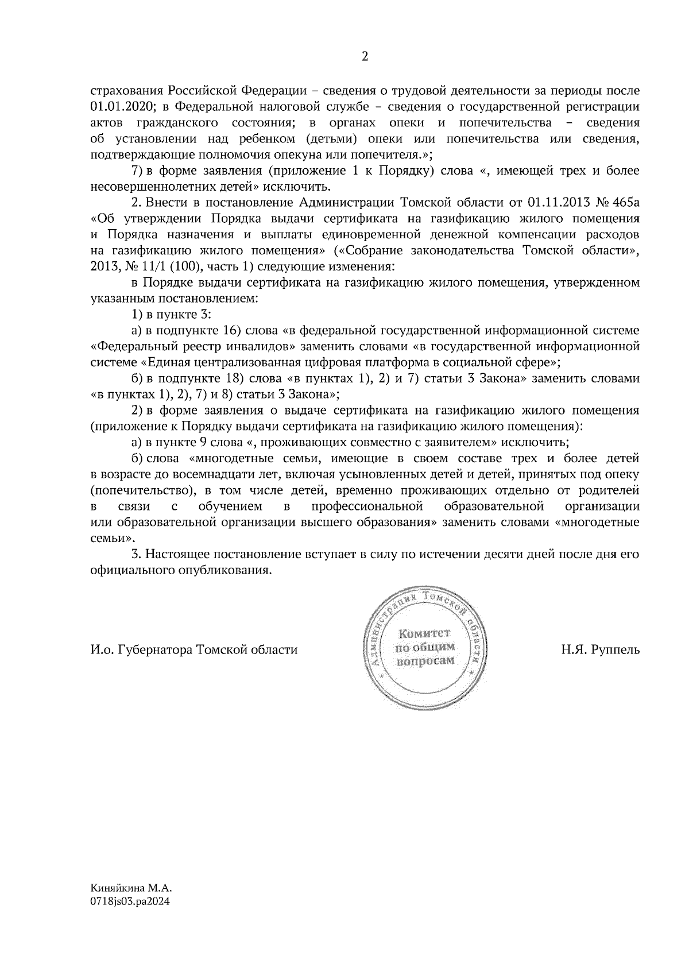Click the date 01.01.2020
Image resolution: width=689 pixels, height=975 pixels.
click(119, 107)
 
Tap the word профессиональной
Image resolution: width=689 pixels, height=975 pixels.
click(367, 506)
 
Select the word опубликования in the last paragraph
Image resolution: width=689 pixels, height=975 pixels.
click(227, 571)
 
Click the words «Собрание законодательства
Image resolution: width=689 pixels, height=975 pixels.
click(425, 251)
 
